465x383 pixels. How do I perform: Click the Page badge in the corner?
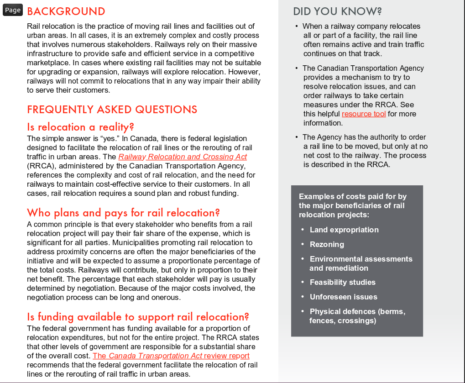tap(13, 10)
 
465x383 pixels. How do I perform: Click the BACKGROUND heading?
tap(66, 11)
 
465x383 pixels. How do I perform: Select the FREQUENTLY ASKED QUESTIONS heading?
tap(112, 110)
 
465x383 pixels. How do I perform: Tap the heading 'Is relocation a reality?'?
tap(80, 127)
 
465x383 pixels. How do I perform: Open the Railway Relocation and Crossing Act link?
tap(183, 157)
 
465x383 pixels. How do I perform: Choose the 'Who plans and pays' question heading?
tap(123, 213)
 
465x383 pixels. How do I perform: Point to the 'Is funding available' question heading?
tap(138, 317)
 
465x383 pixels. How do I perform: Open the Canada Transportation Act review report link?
tap(171, 356)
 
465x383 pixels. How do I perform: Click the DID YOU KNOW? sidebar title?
tap(337, 11)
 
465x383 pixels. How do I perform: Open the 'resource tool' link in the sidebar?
tap(364, 114)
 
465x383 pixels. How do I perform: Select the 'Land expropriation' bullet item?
tap(344, 230)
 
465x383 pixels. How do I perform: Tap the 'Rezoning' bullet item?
tap(327, 244)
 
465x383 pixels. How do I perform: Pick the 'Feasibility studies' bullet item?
tap(342, 282)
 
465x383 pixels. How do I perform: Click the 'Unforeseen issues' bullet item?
tap(343, 297)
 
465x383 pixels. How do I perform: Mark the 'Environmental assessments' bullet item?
tap(361, 259)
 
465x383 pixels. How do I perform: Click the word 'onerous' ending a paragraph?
tap(166, 297)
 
